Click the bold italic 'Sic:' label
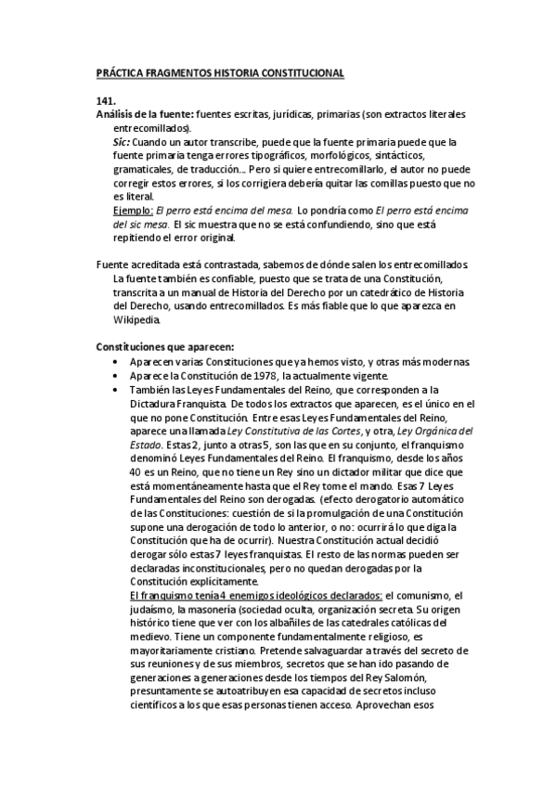click(x=121, y=143)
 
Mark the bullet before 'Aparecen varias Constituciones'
click(x=114, y=361)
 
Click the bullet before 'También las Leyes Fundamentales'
click(x=114, y=390)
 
